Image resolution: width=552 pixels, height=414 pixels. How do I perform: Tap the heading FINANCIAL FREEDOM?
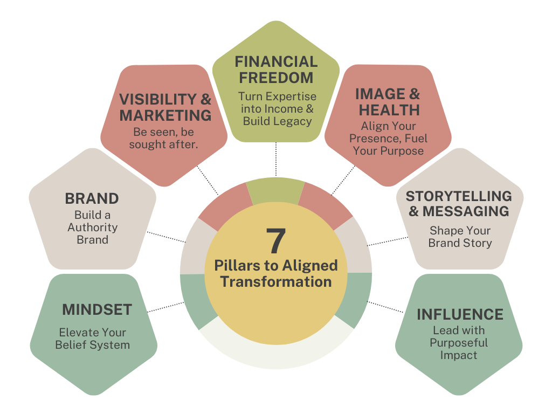click(x=276, y=70)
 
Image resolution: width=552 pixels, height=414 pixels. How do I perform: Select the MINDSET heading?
click(x=97, y=309)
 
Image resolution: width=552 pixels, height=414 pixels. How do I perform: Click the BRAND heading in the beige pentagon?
click(x=92, y=198)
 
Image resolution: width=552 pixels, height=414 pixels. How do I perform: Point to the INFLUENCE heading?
click(x=460, y=314)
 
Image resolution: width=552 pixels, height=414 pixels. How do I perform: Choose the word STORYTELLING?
click(x=459, y=196)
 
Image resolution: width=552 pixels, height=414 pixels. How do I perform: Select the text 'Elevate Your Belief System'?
click(x=93, y=339)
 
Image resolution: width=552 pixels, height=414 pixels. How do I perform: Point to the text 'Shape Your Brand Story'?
click(x=460, y=237)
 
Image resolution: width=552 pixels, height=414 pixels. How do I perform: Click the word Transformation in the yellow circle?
click(x=275, y=281)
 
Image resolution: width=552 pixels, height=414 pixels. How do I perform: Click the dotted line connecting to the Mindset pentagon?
click(x=166, y=307)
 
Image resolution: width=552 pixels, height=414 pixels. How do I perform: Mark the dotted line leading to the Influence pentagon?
click(x=386, y=307)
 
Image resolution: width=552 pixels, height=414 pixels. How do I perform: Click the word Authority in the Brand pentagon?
click(x=93, y=227)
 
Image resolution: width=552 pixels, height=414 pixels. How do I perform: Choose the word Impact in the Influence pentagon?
click(x=459, y=355)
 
